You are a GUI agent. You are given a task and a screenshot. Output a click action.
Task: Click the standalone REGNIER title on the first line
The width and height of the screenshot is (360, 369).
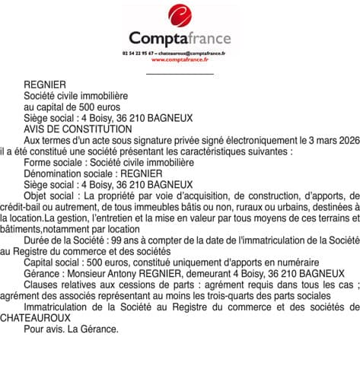pyautogui.click(x=45, y=85)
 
